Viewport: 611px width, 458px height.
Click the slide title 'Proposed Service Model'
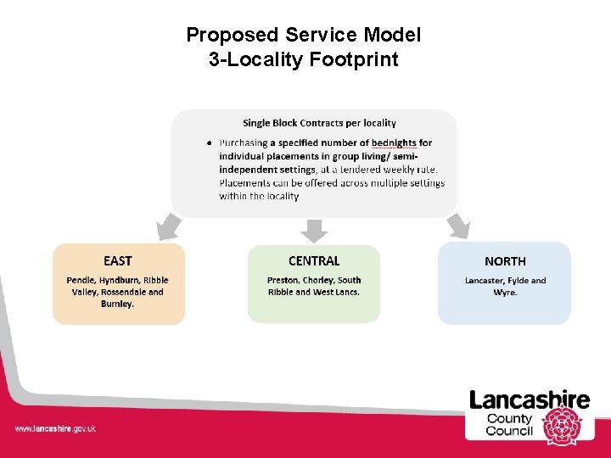[x=303, y=35]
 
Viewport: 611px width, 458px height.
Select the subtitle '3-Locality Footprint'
[x=303, y=59]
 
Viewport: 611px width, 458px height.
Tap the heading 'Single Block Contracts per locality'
[x=319, y=124]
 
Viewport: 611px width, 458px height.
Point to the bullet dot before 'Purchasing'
[x=209, y=142]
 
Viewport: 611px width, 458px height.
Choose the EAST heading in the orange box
[x=118, y=260]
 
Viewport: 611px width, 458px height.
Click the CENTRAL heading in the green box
[x=314, y=260]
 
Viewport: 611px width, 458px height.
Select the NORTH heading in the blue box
[x=505, y=261]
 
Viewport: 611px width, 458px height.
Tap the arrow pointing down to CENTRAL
[x=314, y=230]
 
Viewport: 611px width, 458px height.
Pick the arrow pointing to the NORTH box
[x=459, y=226]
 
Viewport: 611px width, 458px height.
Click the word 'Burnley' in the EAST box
[x=117, y=304]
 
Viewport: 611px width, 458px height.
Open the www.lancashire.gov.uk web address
[x=55, y=429]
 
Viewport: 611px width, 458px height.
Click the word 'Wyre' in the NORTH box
[x=504, y=293]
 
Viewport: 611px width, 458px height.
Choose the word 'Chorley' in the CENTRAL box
[x=320, y=280]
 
